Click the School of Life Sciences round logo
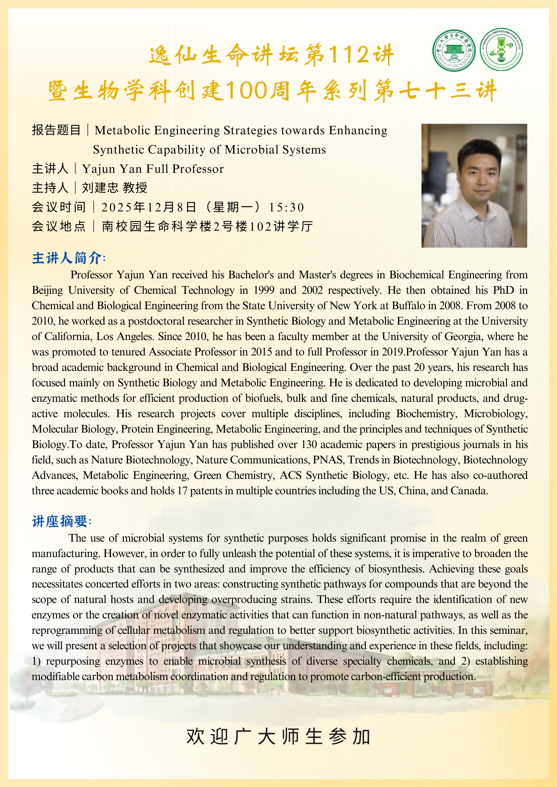tap(454, 50)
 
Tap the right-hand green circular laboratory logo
tap(501, 50)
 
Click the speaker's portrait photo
tap(474, 185)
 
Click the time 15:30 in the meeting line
tap(286, 208)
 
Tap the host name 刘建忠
tap(100, 188)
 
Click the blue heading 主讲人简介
tap(68, 258)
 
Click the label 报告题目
tap(56, 130)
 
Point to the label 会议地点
tap(59, 226)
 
